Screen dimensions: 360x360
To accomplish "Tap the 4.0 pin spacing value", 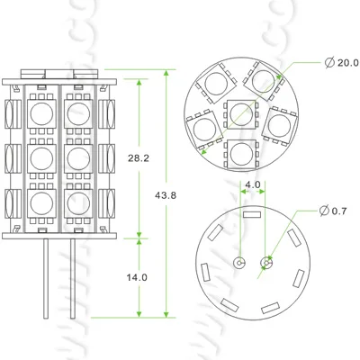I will [253, 185].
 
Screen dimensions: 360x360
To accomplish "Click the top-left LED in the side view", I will [41, 113].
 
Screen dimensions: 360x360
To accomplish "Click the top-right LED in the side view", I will [74, 113].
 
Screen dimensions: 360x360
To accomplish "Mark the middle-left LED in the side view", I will [41, 157].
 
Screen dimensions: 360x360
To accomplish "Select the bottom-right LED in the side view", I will [74, 199].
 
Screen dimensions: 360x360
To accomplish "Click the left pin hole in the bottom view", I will [239, 263].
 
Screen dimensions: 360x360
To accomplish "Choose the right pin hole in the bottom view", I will [265, 263].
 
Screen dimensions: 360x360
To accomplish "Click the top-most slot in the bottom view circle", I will [251, 216].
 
